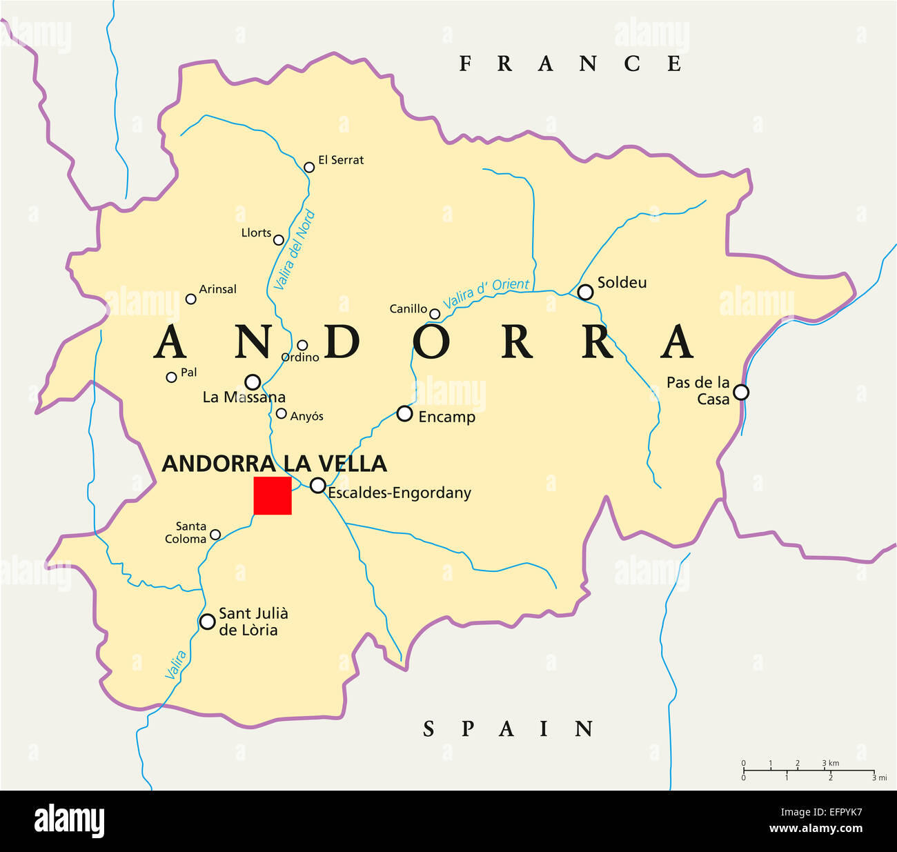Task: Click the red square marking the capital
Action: point(273,495)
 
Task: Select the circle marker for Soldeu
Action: point(585,292)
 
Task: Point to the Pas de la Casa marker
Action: point(740,392)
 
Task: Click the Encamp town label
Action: point(446,417)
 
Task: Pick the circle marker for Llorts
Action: point(279,240)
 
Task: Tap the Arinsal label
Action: point(217,289)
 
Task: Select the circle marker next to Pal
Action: point(171,377)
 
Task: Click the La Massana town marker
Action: point(253,382)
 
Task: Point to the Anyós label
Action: point(306,417)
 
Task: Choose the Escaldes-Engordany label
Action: point(399,493)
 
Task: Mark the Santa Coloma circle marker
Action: point(215,535)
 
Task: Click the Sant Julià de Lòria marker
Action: point(207,622)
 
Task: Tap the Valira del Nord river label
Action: point(295,250)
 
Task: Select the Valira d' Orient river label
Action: point(486,293)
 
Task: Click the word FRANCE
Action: point(570,63)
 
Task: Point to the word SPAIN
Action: point(508,729)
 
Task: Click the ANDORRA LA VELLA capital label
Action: point(274,464)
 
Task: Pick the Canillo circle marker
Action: point(435,314)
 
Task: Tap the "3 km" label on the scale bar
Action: point(830,763)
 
